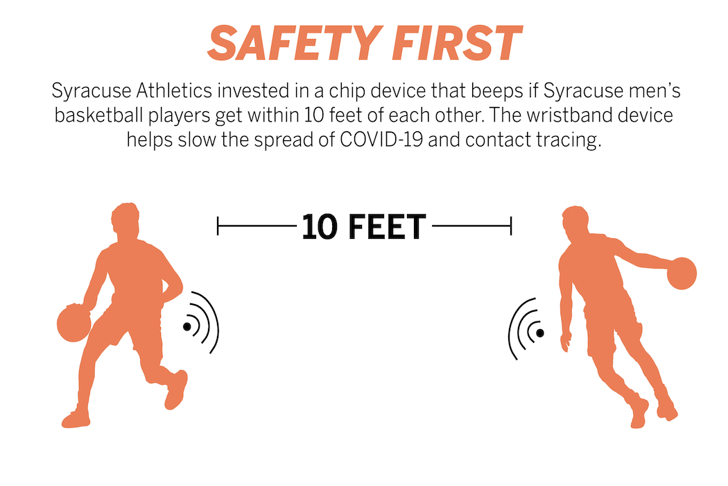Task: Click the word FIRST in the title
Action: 458,43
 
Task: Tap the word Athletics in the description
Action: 174,90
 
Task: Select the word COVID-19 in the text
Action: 381,140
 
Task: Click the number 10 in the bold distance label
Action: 320,227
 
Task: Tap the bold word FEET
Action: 387,227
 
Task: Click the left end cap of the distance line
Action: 218,226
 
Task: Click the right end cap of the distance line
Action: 511,226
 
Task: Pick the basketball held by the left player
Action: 74,324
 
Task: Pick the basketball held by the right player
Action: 682,274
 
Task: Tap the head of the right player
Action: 575,221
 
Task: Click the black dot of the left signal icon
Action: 187,326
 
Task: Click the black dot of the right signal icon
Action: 540,333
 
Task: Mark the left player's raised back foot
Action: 176,389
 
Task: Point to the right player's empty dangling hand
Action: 566,342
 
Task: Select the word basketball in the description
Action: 99,115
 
